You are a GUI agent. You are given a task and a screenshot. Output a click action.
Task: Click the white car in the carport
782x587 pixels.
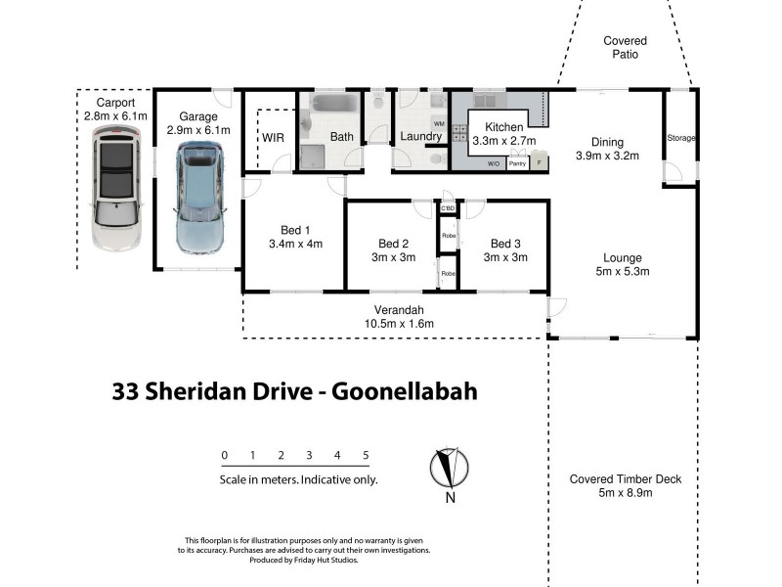pos(116,192)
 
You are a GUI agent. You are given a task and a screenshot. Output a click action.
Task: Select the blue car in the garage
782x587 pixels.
pos(199,197)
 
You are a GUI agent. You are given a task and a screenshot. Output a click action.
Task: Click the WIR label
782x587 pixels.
pos(273,137)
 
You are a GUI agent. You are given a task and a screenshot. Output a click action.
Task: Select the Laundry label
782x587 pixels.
pos(420,137)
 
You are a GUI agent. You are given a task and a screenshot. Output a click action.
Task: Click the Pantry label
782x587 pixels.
pos(518,163)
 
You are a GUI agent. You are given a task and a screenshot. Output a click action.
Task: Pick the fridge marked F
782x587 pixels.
pos(538,163)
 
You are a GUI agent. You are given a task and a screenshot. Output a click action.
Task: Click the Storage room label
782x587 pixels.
pos(680,138)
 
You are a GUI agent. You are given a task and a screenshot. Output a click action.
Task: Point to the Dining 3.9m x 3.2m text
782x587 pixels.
pos(606,149)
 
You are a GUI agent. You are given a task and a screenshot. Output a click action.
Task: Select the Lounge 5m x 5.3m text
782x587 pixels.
pos(622,264)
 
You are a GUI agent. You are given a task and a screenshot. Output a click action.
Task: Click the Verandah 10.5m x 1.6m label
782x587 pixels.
pos(398,316)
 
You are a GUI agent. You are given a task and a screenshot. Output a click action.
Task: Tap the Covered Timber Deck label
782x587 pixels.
pos(626,486)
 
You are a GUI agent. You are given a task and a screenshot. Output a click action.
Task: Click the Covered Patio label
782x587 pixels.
pos(625,48)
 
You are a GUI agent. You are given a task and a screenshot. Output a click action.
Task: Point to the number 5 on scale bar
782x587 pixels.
pos(366,456)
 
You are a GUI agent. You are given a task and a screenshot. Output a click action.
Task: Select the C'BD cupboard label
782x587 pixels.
pos(449,208)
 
